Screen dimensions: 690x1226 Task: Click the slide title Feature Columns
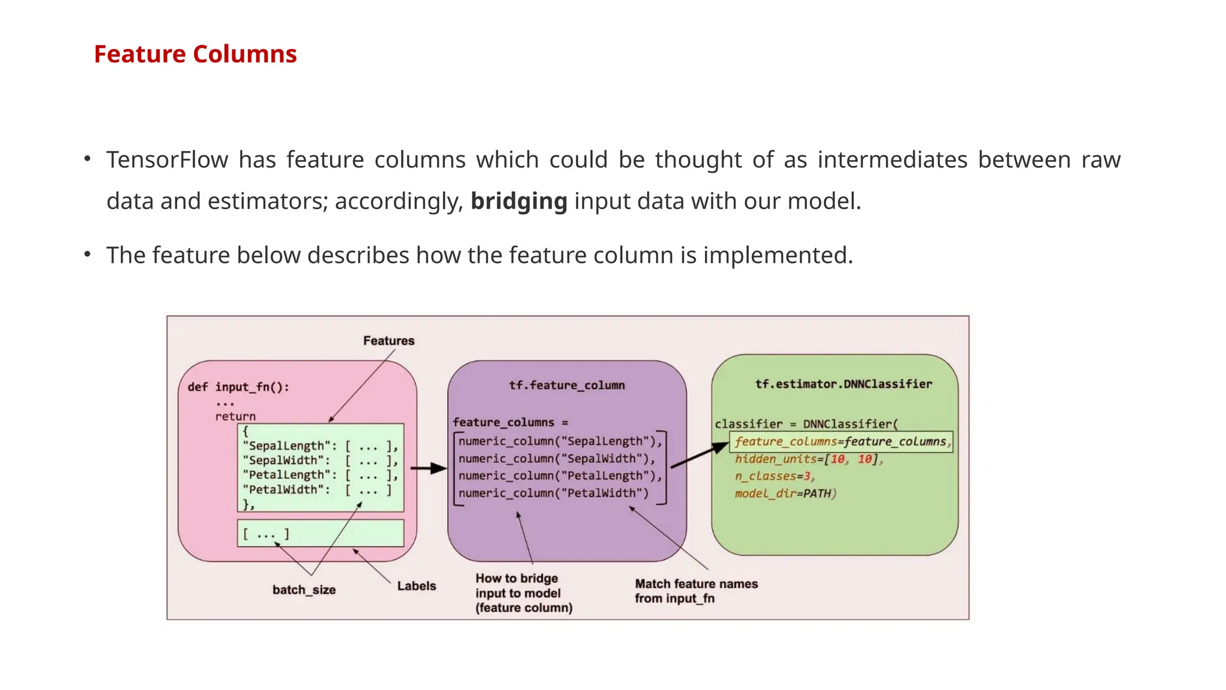tap(195, 55)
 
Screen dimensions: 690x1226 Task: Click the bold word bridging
tap(518, 201)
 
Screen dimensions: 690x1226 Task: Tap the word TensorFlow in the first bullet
tap(167, 160)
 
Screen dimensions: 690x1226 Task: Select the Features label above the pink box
tap(389, 341)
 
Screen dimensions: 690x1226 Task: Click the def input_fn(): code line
tap(238, 387)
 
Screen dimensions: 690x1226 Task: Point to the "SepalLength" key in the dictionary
tap(286, 446)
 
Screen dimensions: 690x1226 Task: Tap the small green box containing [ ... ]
tap(320, 533)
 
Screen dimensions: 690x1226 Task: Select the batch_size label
tap(304, 590)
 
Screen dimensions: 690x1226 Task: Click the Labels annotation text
tap(416, 586)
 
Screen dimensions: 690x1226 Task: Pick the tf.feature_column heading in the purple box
tap(566, 385)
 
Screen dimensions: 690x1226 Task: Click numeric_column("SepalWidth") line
tap(557, 459)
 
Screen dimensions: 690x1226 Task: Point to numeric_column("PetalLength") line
tap(560, 476)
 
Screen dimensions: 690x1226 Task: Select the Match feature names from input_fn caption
tap(696, 591)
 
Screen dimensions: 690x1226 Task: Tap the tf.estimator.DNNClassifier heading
tap(843, 384)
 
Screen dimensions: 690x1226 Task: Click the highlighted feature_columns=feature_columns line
tap(840, 442)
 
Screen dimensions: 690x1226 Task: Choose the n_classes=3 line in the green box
tap(774, 477)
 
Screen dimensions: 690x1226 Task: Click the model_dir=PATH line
tap(784, 494)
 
